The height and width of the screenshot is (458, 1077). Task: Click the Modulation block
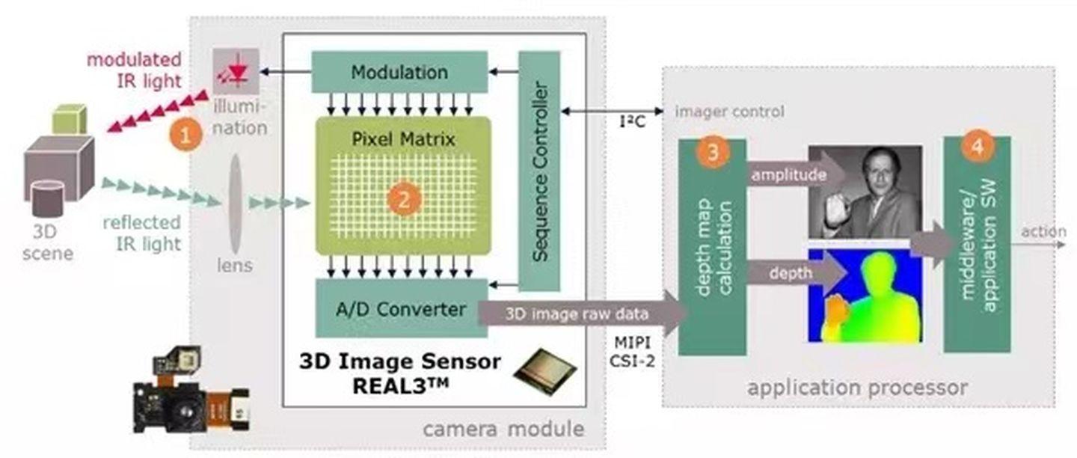click(399, 72)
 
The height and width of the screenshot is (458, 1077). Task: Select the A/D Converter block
click(400, 308)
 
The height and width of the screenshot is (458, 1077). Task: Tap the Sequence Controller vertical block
click(538, 171)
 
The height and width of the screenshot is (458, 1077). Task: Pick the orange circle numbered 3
click(712, 152)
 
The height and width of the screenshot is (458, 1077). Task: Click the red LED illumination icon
click(236, 71)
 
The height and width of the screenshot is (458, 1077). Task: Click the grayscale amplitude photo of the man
click(865, 191)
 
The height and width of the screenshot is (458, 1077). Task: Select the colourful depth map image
click(865, 296)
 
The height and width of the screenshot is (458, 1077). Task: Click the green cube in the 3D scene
click(70, 120)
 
